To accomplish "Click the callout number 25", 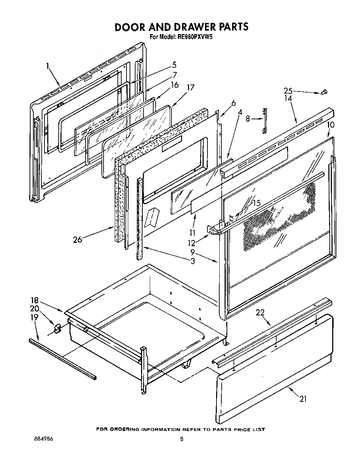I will pyautogui.click(x=288, y=91).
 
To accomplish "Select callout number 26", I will pyautogui.click(x=77, y=239).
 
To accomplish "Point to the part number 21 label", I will pyautogui.click(x=303, y=399).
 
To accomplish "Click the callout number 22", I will pyautogui.click(x=260, y=312).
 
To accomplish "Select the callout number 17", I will pyautogui.click(x=190, y=87).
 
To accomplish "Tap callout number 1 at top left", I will pyautogui.click(x=48, y=65).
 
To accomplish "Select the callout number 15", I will pyautogui.click(x=256, y=203).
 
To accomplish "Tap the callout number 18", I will pyautogui.click(x=34, y=301).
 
